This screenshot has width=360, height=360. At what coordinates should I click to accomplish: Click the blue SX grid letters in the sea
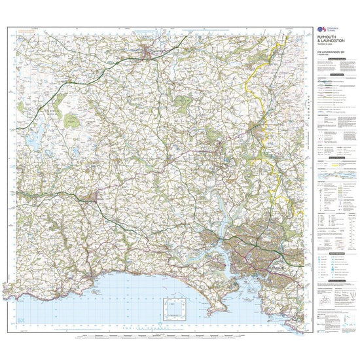pyautogui.click(x=22, y=319)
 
